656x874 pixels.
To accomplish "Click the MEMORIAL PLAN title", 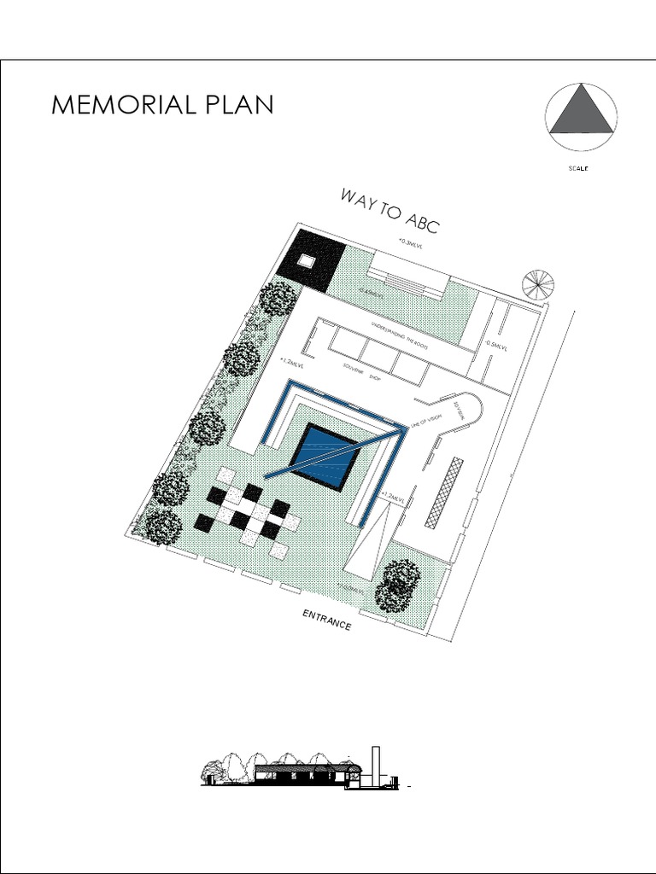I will tap(162, 105).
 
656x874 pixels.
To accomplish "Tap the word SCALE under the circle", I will tap(579, 168).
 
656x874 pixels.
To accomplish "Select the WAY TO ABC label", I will tap(390, 211).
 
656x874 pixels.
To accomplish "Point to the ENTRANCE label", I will tap(327, 621).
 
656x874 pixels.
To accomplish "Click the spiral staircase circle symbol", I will tap(537, 284).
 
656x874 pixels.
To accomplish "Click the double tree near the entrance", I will tap(398, 585).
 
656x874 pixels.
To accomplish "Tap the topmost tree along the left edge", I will tap(278, 299).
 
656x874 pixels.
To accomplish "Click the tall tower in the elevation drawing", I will tap(374, 767).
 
